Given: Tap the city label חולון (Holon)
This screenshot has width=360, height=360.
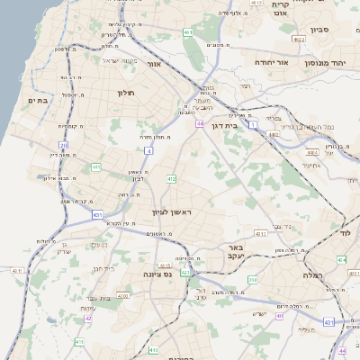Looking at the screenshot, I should pyautogui.click(x=125, y=92).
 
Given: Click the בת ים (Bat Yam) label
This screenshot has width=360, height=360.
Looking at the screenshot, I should pyautogui.click(x=38, y=100).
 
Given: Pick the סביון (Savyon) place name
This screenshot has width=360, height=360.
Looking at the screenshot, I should pyautogui.click(x=321, y=30).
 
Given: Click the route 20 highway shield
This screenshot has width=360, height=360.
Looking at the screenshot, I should pyautogui.click(x=64, y=145).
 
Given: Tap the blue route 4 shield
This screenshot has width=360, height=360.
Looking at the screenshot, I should pyautogui.click(x=148, y=151).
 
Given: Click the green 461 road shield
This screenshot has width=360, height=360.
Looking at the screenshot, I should pyautogui.click(x=188, y=32).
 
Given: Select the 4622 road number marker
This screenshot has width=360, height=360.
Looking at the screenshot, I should pyautogui.click(x=299, y=40).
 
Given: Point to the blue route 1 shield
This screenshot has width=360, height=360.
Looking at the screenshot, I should pyautogui.click(x=254, y=122).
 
